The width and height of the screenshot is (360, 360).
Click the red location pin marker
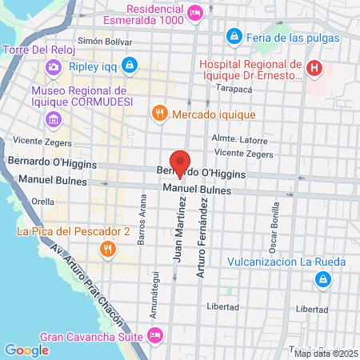pyautogui.click(x=180, y=162)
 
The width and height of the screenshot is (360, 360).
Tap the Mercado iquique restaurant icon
pyautogui.click(x=160, y=114)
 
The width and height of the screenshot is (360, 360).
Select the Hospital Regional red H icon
pyautogui.click(x=314, y=69)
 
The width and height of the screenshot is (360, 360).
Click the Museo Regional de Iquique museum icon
pyautogui.click(x=53, y=120)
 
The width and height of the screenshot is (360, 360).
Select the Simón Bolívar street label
pyautogui.click(x=103, y=40)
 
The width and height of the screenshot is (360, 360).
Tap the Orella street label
pyautogui.click(x=43, y=202)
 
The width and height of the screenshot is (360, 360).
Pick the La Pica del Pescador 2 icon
pyautogui.click(x=106, y=250)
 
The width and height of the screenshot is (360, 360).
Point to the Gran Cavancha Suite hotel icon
pyautogui.click(x=156, y=335)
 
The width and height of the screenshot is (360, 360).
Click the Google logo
pyautogui.click(x=26, y=350)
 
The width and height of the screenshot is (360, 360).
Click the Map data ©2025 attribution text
pyautogui.click(x=326, y=354)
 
